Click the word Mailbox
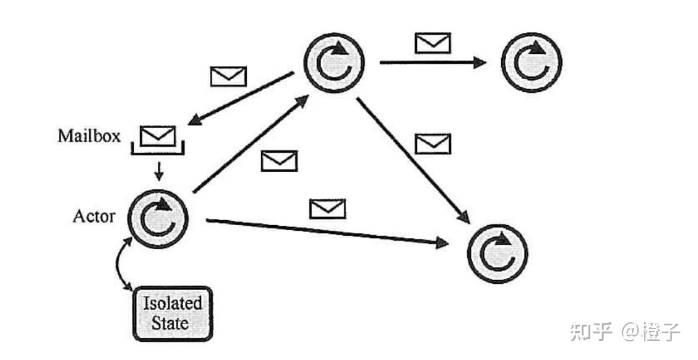tap(89, 136)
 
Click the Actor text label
tap(93, 216)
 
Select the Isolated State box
tap(173, 313)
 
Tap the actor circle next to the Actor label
tap(157, 217)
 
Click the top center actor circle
tap(334, 61)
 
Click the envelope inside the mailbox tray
tap(158, 135)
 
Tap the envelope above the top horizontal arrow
tap(433, 43)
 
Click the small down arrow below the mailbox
tap(158, 169)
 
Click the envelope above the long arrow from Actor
tap(327, 208)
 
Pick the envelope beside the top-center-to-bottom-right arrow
tap(433, 144)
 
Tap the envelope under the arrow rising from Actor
tap(279, 161)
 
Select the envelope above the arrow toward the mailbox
tap(228, 76)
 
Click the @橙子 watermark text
tap(650, 332)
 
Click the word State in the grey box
tap(173, 323)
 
